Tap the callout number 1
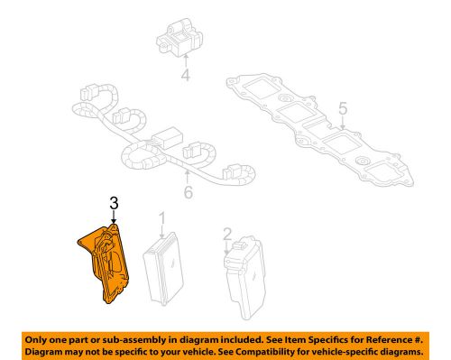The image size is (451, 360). click(162, 218)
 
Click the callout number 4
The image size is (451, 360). click(185, 77)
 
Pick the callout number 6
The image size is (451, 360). click(188, 192)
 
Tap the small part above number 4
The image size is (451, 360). click(184, 41)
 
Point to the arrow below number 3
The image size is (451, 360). click(114, 221)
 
